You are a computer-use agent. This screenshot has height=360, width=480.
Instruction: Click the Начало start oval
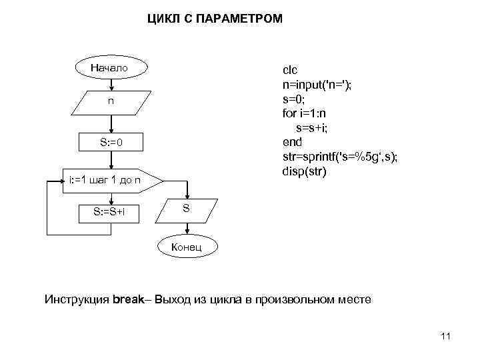[111, 68]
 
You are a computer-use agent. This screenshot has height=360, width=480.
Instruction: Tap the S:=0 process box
[111, 143]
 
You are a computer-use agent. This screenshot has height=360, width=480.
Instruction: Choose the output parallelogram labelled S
[187, 209]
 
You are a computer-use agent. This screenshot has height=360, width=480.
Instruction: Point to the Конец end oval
[187, 248]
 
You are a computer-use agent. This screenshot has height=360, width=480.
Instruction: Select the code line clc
[291, 70]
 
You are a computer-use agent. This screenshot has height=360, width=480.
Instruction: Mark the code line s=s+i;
[310, 127]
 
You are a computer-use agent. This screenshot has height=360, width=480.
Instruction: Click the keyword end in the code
[292, 142]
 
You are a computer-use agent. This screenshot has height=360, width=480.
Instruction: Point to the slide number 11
[446, 337]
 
